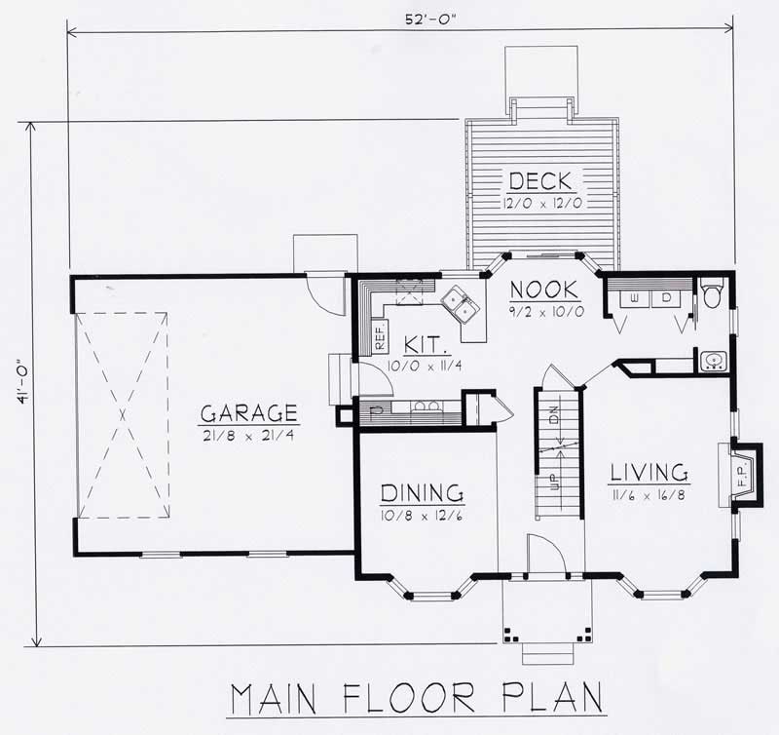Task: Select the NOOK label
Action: [x=544, y=290]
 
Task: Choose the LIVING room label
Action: [x=649, y=473]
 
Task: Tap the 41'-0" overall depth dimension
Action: [x=19, y=384]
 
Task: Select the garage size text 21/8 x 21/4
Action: [x=249, y=434]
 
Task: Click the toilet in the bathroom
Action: [x=710, y=292]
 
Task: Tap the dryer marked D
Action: [x=667, y=296]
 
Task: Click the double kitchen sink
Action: [x=459, y=303]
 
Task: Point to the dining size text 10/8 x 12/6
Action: [x=421, y=515]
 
